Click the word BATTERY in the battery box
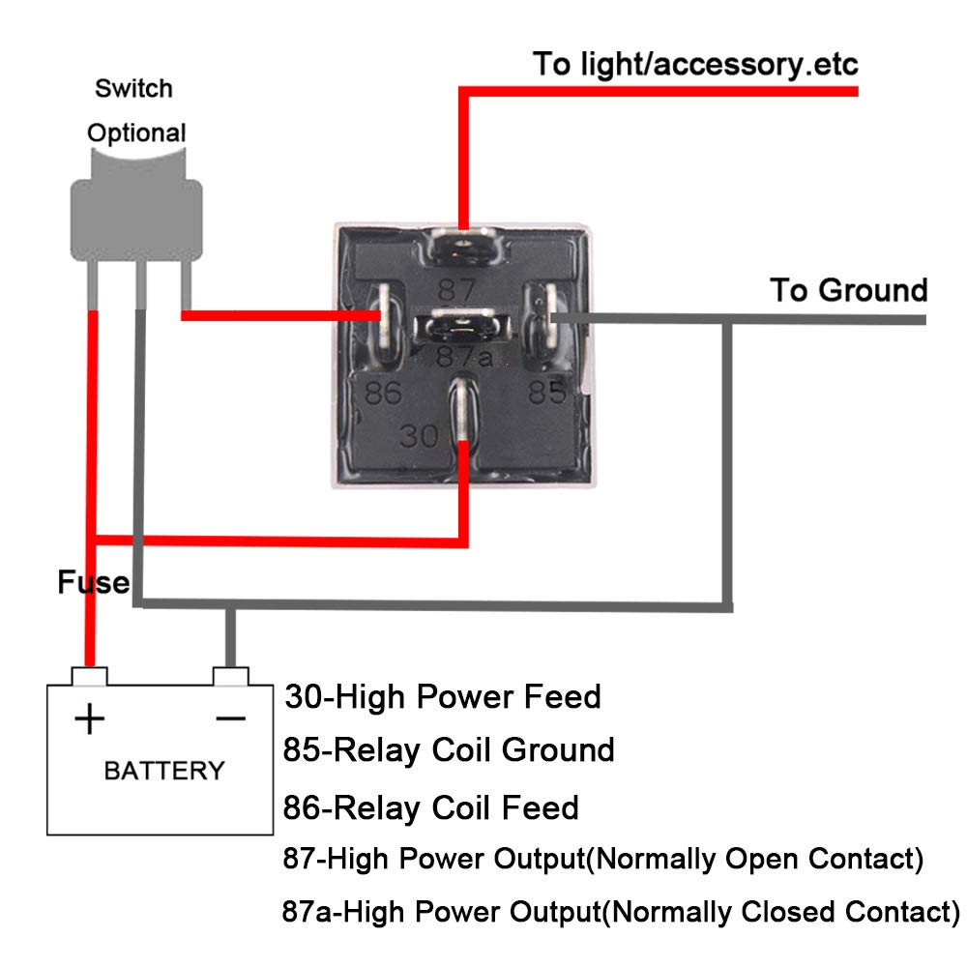pyautogui.click(x=163, y=771)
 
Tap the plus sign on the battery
pyautogui.click(x=90, y=718)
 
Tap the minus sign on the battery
pyautogui.click(x=230, y=718)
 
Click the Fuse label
pyautogui.click(x=93, y=582)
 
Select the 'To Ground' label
pyautogui.click(x=848, y=290)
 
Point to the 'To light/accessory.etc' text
pyautogui.click(x=695, y=65)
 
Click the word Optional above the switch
pyautogui.click(x=136, y=132)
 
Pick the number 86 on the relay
pyautogui.click(x=383, y=393)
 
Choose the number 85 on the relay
pyautogui.click(x=546, y=392)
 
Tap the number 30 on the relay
pyautogui.click(x=420, y=436)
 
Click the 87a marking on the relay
pyautogui.click(x=459, y=357)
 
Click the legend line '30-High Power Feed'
pyautogui.click(x=443, y=696)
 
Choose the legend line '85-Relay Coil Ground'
pyautogui.click(x=449, y=749)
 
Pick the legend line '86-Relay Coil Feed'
pyautogui.click(x=431, y=806)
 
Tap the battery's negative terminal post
pyautogui.click(x=230, y=674)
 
